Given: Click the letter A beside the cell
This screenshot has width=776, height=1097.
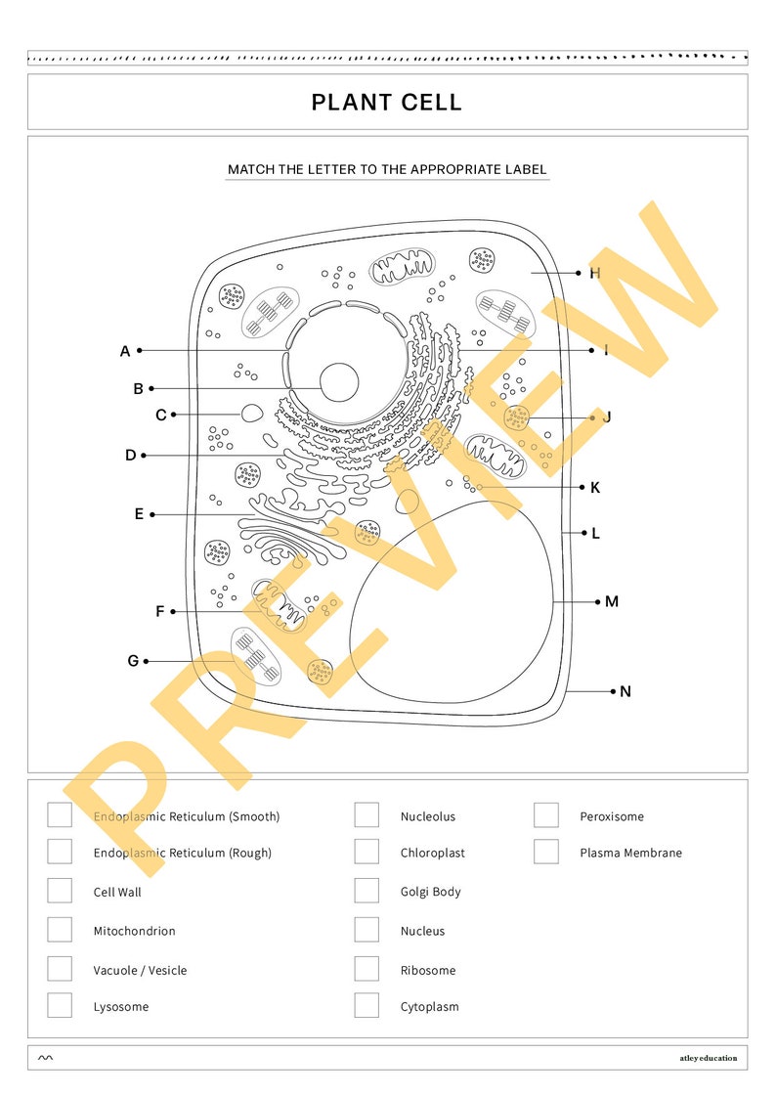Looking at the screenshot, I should coord(125,351).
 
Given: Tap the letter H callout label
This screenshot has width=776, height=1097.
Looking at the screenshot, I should coord(594,273).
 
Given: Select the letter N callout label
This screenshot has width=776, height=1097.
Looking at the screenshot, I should coord(625,691).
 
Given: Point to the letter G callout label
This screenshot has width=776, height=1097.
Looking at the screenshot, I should coord(133,661).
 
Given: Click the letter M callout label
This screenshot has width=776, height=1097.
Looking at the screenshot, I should coord(612,601).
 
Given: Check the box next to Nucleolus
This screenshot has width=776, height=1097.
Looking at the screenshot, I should coord(366,815).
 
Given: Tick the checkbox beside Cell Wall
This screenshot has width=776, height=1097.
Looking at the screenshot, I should coord(60,891).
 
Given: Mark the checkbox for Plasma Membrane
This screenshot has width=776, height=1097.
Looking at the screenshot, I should coord(546,852).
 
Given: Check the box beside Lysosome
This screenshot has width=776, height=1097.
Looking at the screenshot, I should coord(60,1005).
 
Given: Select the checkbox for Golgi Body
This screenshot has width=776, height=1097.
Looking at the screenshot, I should coord(366,891).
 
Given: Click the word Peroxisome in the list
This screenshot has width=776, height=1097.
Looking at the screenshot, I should coord(612,816).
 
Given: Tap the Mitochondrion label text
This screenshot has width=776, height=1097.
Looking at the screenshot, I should coord(135,931).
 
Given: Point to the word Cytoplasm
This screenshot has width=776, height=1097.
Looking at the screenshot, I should coord(429,1006).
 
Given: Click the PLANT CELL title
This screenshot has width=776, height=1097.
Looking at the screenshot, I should coord(387,103).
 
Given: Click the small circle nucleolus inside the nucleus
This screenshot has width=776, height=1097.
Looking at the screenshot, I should coord(339,381).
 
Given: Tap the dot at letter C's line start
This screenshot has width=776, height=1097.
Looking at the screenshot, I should coord(173,415).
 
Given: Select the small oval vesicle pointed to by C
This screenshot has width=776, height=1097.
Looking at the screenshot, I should coord(251,414).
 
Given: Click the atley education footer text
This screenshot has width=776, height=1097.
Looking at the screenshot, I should coord(709,1057).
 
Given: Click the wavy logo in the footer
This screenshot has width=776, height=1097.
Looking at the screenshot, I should coord(46,1057).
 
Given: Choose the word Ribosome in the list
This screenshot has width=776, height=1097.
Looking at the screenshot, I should coord(428,970).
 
